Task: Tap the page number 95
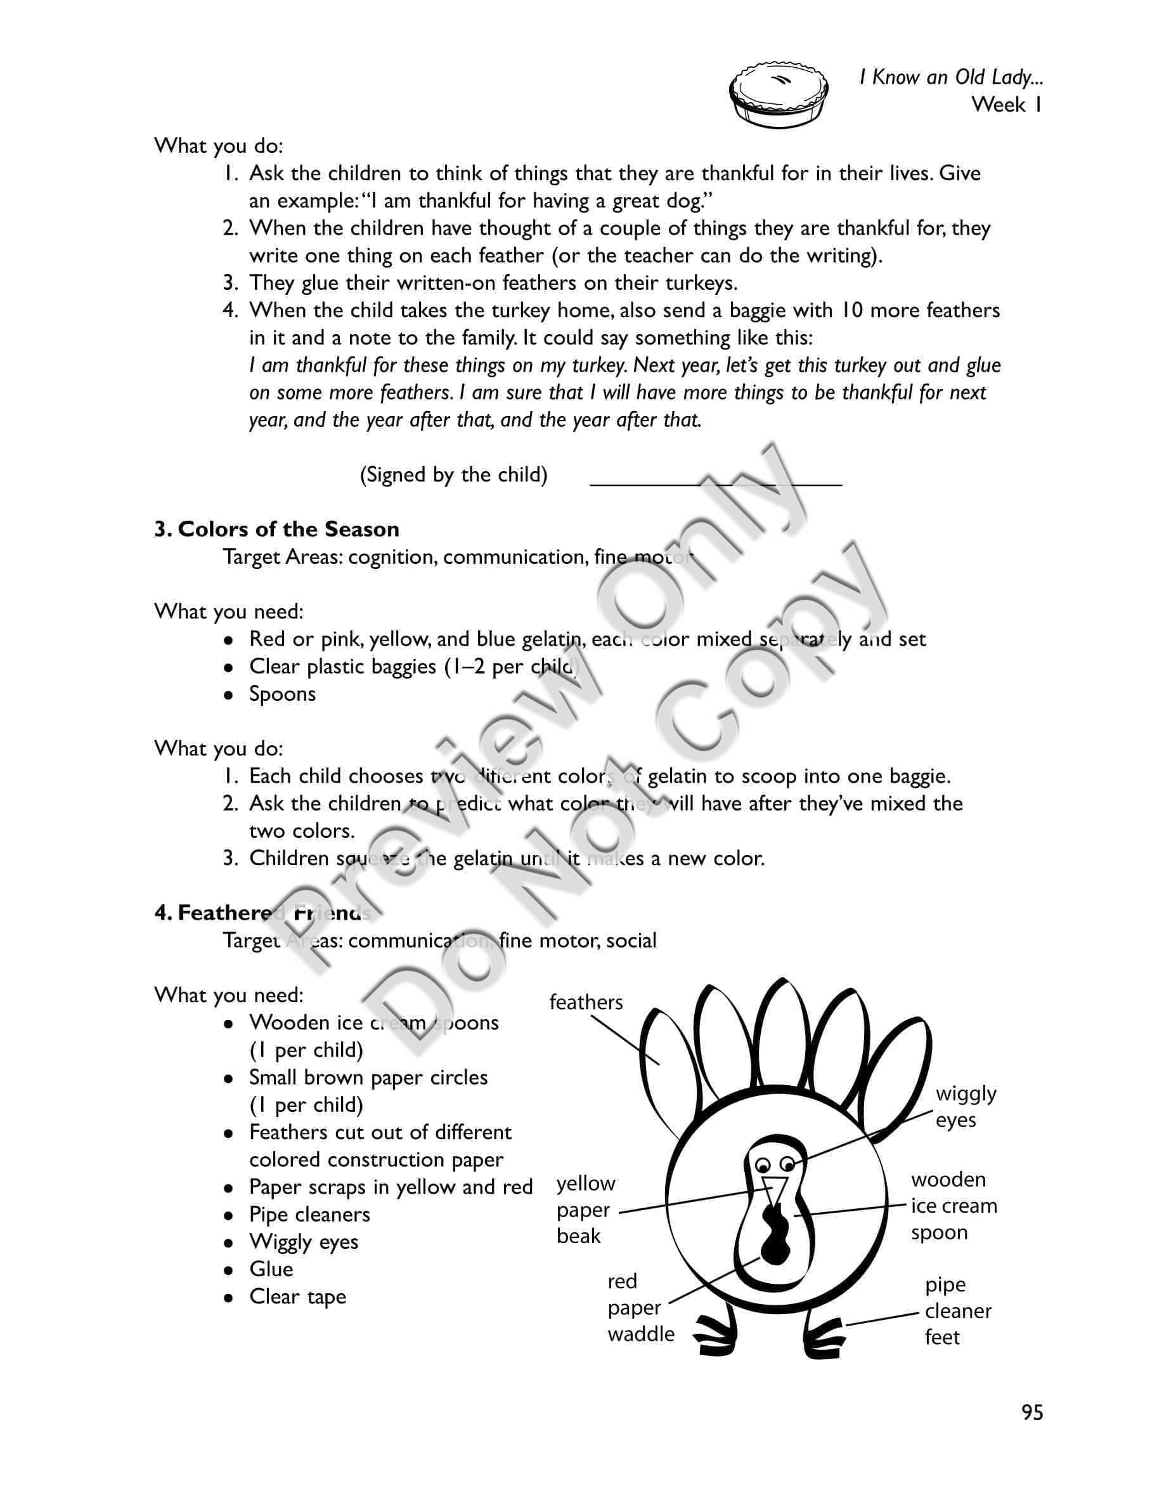point(1032,1412)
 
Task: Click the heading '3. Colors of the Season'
point(276,529)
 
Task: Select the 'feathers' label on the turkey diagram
point(585,1002)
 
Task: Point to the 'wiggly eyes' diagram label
point(966,1106)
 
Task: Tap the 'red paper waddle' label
point(640,1308)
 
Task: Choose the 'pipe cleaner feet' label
point(957,1310)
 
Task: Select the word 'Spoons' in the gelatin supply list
point(282,693)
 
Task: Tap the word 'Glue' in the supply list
point(271,1269)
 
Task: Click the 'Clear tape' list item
point(297,1296)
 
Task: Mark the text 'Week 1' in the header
point(1006,105)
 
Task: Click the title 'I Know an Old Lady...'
point(950,77)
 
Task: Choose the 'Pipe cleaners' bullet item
point(309,1215)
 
